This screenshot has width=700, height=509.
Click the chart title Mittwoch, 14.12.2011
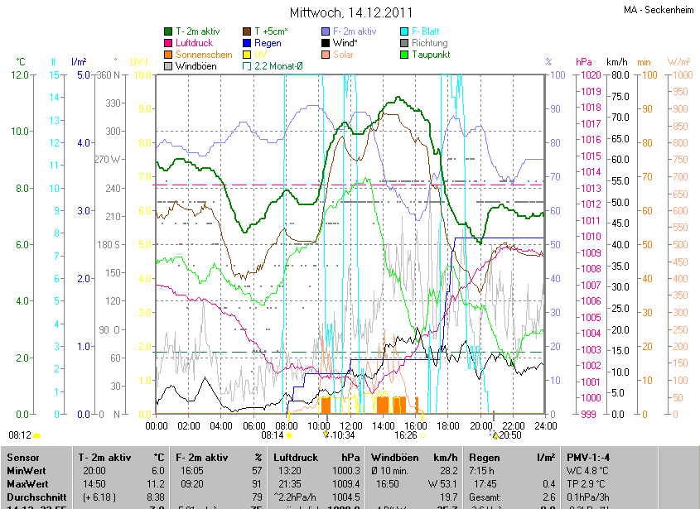(350, 12)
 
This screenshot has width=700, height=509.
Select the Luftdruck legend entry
(195, 43)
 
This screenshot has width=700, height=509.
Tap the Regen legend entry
(268, 43)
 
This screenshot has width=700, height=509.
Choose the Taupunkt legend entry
(429, 55)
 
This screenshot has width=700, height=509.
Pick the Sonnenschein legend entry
(204, 55)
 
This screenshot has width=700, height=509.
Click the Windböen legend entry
(196, 66)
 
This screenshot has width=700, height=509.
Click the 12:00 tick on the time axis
(350, 426)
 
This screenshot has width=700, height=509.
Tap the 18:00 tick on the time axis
(448, 426)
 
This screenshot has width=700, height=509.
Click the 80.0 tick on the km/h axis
(617, 75)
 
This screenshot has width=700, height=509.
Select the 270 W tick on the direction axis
(108, 160)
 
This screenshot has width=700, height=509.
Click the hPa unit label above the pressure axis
(583, 62)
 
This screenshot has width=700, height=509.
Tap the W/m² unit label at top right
(678, 62)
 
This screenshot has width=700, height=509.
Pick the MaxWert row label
(27, 483)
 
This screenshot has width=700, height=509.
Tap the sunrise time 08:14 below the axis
(272, 435)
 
